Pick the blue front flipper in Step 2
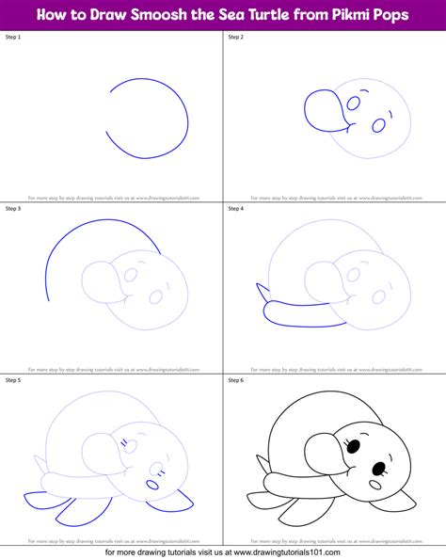[320, 105]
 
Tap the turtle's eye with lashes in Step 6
[357, 445]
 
